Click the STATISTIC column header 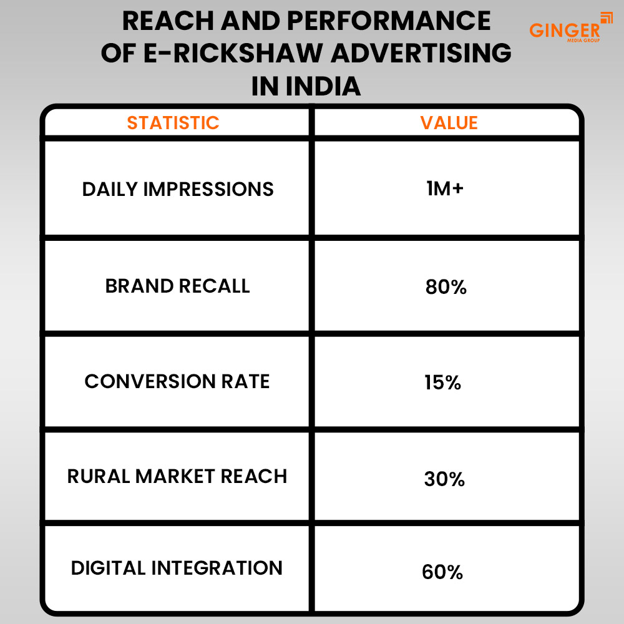coord(173,123)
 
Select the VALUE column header coord(449,123)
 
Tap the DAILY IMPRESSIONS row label coord(178,189)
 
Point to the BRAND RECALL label coord(177,286)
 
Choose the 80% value coord(446,288)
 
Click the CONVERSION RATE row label coord(177,381)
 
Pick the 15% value coord(442,383)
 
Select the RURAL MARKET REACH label coord(177,476)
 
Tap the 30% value coord(444,479)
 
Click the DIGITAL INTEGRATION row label coord(177,568)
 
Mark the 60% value coord(442,572)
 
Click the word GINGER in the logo coord(564,29)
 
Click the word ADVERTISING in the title coord(424,54)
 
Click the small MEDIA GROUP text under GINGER coord(583,41)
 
